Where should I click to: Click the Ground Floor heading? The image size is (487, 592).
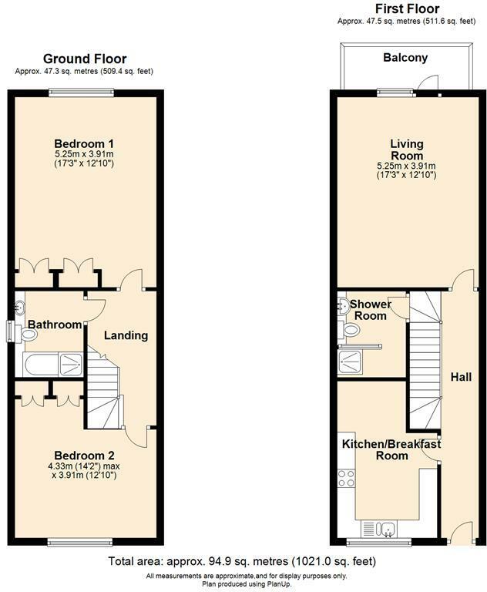click(x=84, y=59)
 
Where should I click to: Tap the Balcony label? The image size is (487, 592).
click(x=405, y=58)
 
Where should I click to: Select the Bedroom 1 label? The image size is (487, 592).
click(x=84, y=143)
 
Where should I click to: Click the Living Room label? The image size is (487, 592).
click(x=406, y=150)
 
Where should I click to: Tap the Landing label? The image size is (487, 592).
click(x=126, y=335)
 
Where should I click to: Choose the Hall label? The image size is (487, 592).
click(x=461, y=377)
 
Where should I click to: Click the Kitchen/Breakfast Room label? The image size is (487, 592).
click(x=391, y=449)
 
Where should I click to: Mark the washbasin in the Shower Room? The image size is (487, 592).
click(x=344, y=305)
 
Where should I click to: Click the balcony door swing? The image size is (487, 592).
click(x=434, y=83)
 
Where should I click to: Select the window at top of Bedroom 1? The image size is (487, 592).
click(x=82, y=92)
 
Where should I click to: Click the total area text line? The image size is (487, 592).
click(x=243, y=561)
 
